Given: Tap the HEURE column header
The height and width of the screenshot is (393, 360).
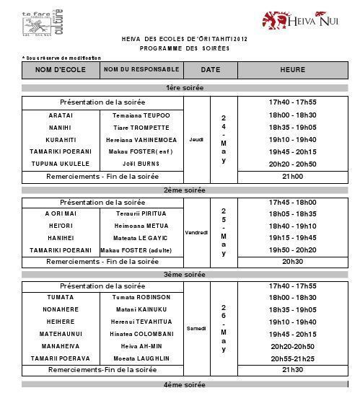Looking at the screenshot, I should tap(292, 70).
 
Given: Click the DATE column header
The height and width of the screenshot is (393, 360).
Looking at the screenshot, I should tap(210, 70).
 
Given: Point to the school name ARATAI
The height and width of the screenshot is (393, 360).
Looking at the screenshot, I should tap(61, 115).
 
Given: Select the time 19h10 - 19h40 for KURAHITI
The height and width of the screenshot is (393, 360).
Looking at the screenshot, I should tap(292, 140).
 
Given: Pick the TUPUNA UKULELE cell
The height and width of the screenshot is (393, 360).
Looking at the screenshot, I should tap(61, 164).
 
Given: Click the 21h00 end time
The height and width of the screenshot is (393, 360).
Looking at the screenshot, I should tap(292, 176).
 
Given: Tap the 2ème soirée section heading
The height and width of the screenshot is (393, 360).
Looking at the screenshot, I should tap(185, 190).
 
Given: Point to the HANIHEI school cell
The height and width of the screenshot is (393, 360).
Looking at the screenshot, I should tap(61, 237).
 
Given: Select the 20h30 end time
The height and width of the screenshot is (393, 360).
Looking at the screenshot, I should tap(292, 262).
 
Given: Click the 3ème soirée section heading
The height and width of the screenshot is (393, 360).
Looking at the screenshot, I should tap(185, 275).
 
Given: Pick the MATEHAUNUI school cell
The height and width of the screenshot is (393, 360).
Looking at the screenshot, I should tap(61, 334).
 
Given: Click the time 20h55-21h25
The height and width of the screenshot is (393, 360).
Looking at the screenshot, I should tap(292, 358).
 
